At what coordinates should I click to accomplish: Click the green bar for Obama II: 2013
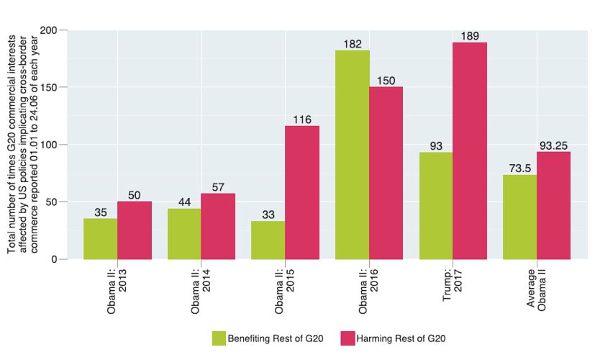[101, 238]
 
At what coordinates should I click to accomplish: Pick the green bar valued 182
[353, 155]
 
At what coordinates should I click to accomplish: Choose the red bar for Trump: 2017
[470, 150]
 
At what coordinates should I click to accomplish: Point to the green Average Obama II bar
[519, 217]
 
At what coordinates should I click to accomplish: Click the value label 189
[470, 36]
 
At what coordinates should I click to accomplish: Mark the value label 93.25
[554, 145]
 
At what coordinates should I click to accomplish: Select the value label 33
[268, 215]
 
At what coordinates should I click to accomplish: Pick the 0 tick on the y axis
[55, 259]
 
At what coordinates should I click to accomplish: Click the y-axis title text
[24, 144]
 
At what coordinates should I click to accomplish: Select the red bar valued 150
[386, 173]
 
